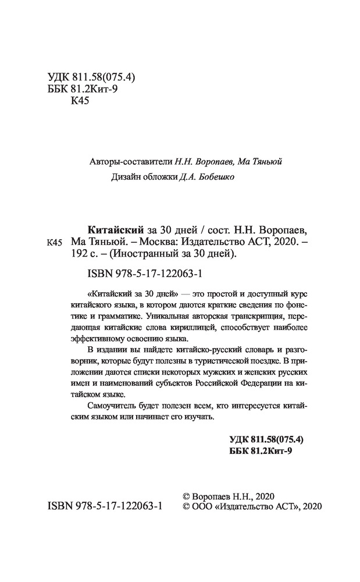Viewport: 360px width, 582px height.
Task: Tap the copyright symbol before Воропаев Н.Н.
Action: coord(186,495)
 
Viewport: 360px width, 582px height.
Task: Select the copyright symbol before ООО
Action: coord(186,506)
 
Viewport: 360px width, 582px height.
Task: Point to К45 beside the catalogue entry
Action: coord(53,242)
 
